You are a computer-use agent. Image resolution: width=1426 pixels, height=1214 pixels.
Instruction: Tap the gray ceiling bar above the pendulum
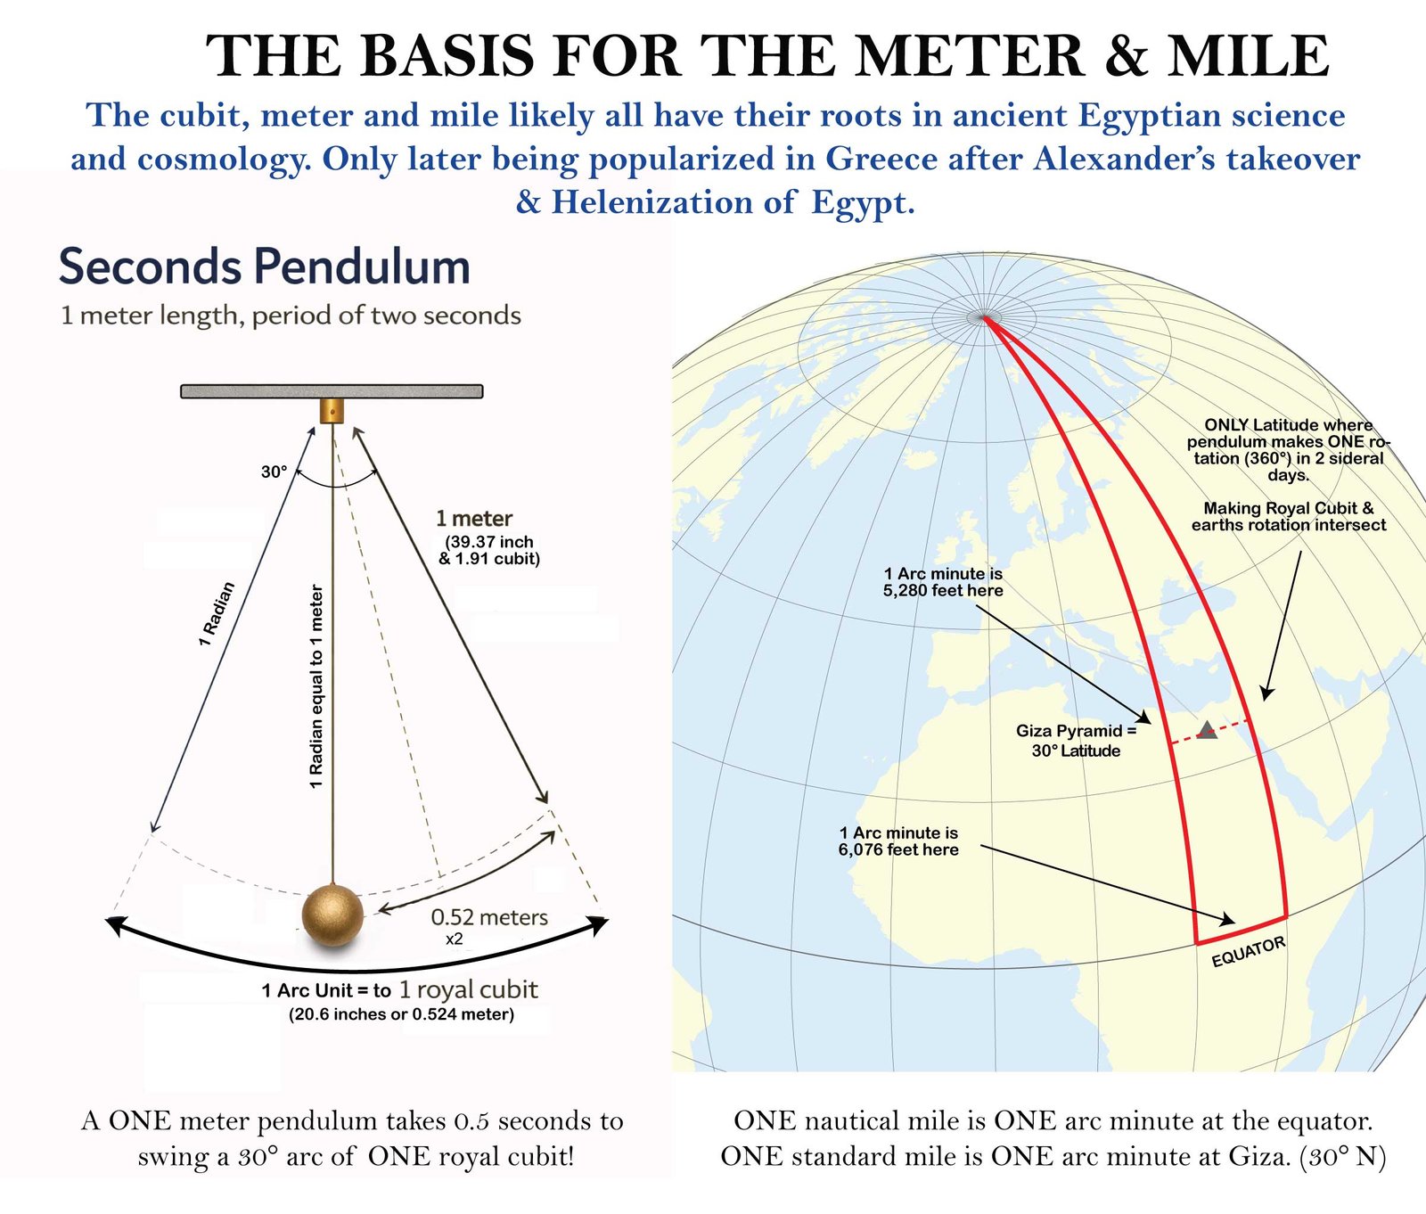[x=332, y=391]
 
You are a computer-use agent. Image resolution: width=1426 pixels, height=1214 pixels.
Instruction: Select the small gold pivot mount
[x=332, y=411]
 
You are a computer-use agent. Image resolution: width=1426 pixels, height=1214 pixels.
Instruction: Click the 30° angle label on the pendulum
[x=274, y=472]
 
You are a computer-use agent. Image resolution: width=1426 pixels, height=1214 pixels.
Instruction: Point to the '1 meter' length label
[x=474, y=519]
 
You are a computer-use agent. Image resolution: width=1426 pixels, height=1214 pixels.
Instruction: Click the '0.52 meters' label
[x=489, y=917]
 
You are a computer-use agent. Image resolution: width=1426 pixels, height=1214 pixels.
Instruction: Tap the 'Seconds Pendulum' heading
[x=265, y=267]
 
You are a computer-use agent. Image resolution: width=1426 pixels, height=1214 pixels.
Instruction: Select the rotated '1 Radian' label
[x=217, y=613]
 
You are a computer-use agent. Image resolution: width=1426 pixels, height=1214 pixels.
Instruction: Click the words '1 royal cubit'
[x=468, y=989]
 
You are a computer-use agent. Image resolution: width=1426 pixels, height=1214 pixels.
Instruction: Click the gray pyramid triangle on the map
[x=1207, y=730]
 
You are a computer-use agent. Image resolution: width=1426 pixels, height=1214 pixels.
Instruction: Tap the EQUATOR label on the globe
[x=1249, y=951]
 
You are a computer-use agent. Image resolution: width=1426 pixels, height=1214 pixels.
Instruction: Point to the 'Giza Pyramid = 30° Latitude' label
[x=1077, y=741]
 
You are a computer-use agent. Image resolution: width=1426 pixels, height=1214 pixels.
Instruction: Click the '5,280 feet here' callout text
[x=943, y=590]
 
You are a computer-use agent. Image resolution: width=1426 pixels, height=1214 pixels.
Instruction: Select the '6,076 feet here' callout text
[x=898, y=849]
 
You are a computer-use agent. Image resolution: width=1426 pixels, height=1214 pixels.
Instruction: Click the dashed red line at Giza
[x=1210, y=729]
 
